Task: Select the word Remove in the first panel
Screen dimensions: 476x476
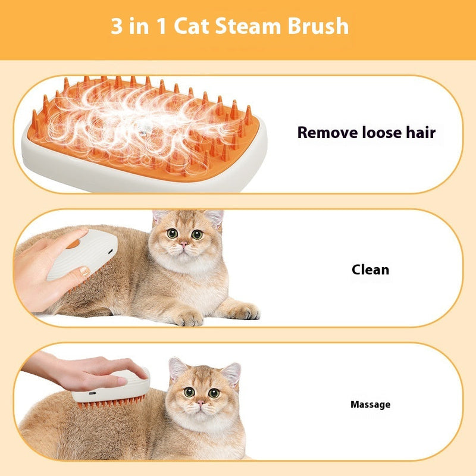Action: point(328,132)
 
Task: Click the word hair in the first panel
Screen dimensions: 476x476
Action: point(420,132)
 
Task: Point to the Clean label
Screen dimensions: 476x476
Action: point(370,270)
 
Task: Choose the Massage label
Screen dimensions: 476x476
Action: point(370,405)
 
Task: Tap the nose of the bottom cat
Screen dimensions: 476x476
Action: point(201,402)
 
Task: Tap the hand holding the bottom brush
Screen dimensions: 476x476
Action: point(89,369)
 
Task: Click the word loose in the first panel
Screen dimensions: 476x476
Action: point(383,132)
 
